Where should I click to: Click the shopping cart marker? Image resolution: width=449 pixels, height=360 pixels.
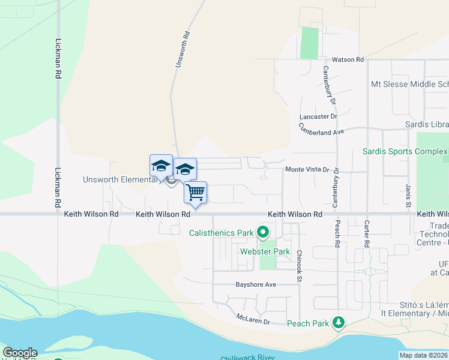pyautogui.click(x=196, y=193)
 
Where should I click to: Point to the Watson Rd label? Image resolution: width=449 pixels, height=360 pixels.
pyautogui.click(x=348, y=60)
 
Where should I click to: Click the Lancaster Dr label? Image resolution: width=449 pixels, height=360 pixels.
pyautogui.click(x=319, y=116)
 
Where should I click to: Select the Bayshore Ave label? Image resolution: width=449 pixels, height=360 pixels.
pyautogui.click(x=256, y=284)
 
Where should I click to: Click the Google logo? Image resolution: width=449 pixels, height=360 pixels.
pyautogui.click(x=20, y=353)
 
